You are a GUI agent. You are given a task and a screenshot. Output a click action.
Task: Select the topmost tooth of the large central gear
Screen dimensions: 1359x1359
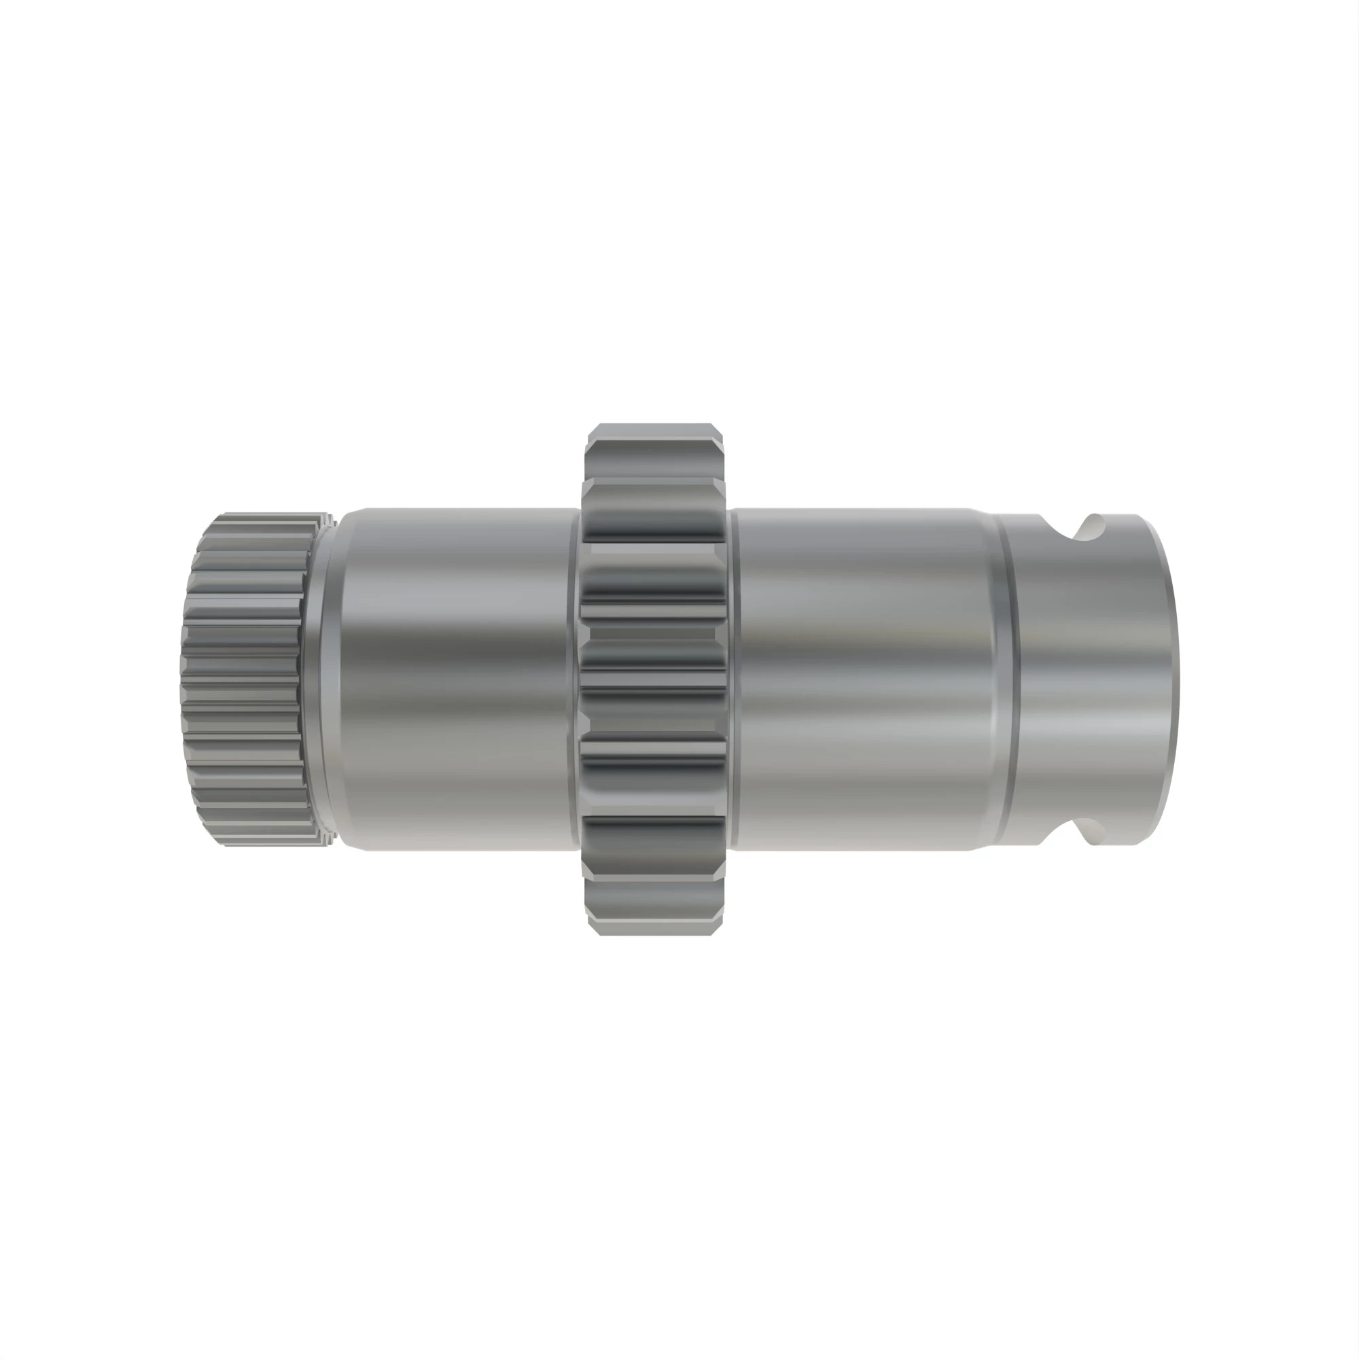coord(654,435)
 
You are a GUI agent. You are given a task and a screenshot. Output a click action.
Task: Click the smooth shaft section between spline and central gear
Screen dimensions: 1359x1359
coord(457,679)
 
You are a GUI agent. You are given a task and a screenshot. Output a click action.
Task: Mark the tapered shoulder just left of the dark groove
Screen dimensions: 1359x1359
coord(988,679)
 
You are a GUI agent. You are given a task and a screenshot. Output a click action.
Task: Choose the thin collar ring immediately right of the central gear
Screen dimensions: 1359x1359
coord(733,679)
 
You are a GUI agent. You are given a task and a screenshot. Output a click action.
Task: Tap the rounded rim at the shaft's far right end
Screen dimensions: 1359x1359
coord(1167,679)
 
